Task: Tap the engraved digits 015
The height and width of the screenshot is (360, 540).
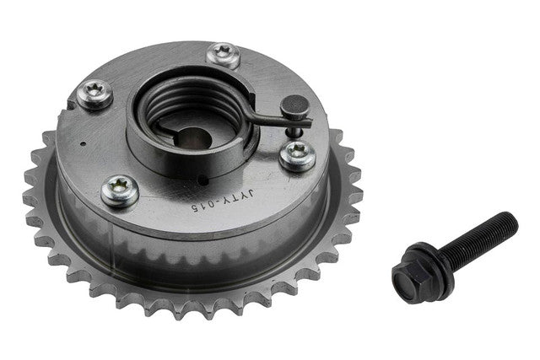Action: (x=202, y=207)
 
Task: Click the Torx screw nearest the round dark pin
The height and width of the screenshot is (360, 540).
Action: (x=298, y=155)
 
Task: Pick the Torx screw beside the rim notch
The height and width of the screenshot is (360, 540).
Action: (x=94, y=94)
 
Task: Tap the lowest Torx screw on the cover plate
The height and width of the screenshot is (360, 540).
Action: (x=120, y=191)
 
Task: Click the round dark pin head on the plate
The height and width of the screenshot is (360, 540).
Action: (x=294, y=105)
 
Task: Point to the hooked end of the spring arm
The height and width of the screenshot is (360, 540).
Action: (x=303, y=121)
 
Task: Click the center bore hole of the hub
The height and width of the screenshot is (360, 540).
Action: (x=195, y=138)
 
